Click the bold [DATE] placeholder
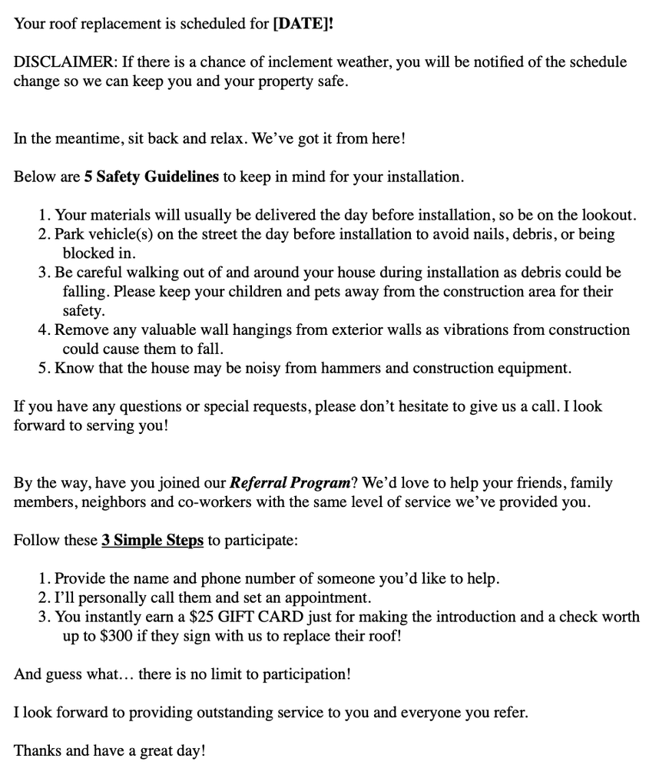click(303, 24)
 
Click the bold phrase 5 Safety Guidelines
click(151, 177)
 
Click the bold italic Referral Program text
click(290, 483)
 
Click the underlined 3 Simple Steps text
click(152, 540)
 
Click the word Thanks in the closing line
click(38, 750)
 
